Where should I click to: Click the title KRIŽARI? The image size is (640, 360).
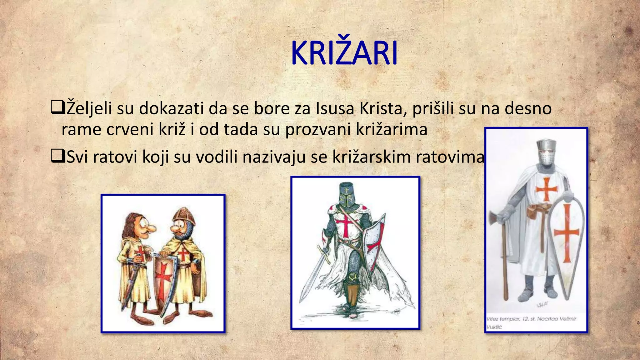(344, 53)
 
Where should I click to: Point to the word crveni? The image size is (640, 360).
(129, 129)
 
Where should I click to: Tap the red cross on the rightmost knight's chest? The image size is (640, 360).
(546, 189)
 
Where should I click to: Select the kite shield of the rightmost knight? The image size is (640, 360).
(566, 241)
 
